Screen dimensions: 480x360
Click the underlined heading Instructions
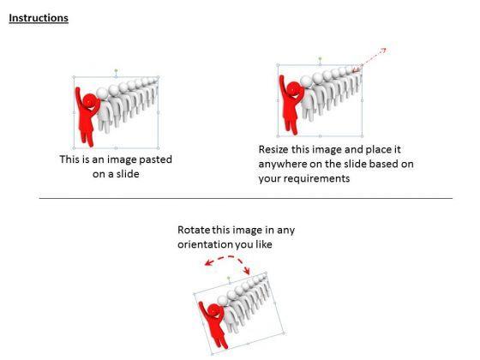[39, 18]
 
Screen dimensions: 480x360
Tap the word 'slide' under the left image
[128, 174]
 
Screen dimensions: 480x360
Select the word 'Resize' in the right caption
[273, 149]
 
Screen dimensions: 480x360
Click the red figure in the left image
[87, 117]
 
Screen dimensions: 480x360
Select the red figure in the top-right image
[291, 105]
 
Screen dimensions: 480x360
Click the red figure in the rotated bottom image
[214, 325]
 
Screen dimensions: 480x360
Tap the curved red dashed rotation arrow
[228, 257]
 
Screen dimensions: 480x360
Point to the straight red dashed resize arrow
[369, 60]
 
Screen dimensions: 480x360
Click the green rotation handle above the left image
[116, 70]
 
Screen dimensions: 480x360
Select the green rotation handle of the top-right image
[321, 58]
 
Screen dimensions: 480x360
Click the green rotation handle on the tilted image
[228, 278]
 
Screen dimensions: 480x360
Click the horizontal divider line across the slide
[246, 198]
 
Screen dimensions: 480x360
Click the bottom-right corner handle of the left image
[159, 148]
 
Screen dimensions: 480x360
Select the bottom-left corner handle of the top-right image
[279, 136]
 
